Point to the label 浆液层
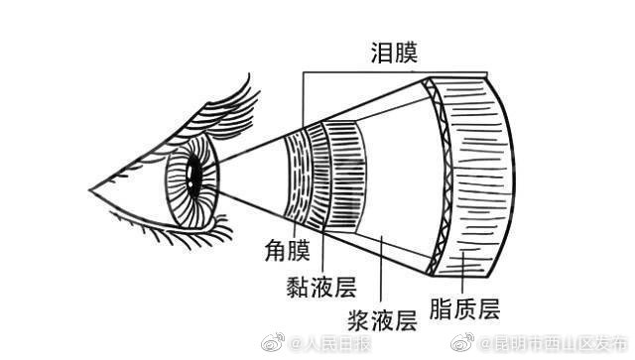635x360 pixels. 380,319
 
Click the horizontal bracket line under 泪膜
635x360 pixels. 397,70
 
